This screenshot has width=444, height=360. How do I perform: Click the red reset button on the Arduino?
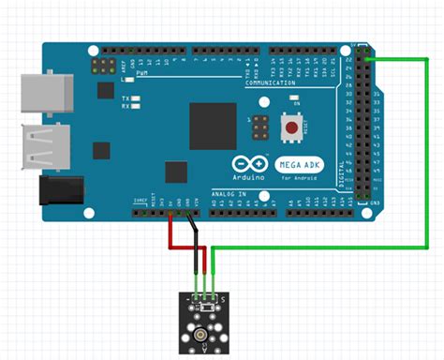click(293, 127)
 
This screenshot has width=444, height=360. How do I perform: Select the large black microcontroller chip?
click(213, 124)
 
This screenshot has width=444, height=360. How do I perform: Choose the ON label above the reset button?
click(296, 103)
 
